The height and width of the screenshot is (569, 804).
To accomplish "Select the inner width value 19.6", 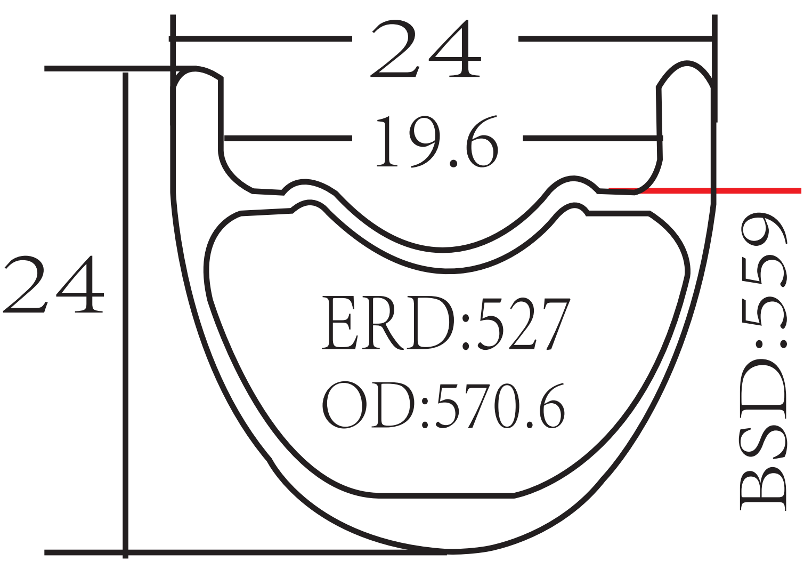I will pos(437,141).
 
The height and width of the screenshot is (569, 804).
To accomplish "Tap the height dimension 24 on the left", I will pos(53,284).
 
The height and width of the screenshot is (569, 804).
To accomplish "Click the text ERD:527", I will pos(446,323).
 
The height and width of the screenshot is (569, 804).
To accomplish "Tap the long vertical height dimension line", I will pos(125,320).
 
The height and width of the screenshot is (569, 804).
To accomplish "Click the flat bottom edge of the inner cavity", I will pos(446,495).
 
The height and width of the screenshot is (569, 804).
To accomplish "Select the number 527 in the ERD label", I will pos(525,323).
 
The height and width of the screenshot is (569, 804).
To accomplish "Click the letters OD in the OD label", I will pos(368,405).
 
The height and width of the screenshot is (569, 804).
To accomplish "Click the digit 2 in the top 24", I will pos(394,49).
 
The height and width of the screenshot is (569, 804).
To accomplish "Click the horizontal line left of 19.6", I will pos(288,138).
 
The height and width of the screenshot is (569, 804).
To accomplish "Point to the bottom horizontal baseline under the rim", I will pos(245,552).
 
